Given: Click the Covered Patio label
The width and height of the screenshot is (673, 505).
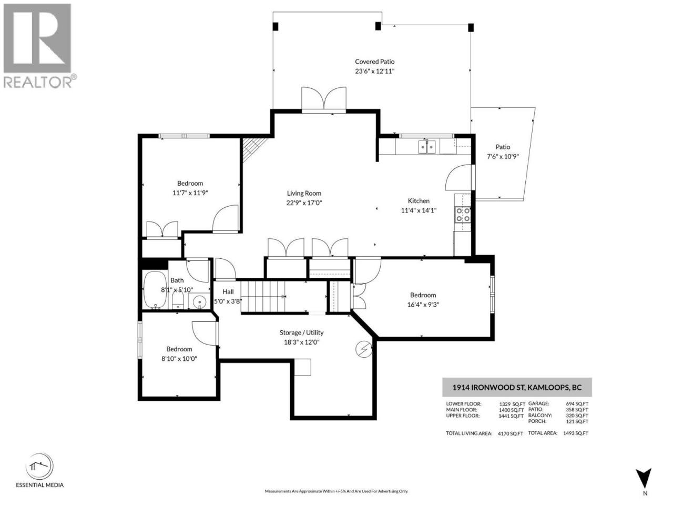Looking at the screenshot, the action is click(374, 62).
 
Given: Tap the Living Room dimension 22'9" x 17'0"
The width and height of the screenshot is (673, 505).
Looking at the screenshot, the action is click(304, 203).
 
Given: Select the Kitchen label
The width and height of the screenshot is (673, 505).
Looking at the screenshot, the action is click(419, 201).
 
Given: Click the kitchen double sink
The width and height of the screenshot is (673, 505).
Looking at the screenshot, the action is click(427, 146).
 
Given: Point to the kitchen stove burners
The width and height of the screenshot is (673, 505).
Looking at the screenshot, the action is click(463, 215).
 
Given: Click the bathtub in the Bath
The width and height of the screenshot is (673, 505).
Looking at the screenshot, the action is click(155, 290).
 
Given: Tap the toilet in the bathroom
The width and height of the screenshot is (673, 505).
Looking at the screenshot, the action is click(178, 300).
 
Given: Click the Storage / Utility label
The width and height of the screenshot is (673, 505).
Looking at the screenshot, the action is click(301, 332).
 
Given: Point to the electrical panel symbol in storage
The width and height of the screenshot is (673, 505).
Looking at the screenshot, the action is click(364, 349).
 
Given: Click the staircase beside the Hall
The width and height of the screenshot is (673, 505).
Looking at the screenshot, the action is click(263, 297).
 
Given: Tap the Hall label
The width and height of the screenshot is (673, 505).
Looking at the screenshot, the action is click(228, 292).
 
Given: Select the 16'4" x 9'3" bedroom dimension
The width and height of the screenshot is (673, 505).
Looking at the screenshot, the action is click(423, 305).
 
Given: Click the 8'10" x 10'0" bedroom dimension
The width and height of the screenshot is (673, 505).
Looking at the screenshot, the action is click(179, 358).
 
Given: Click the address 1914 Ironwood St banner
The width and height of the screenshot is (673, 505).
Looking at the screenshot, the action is click(517, 387).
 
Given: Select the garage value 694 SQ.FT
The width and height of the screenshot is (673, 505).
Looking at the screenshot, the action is click(577, 404).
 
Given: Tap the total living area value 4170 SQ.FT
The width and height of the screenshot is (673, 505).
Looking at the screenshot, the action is click(511, 433).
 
